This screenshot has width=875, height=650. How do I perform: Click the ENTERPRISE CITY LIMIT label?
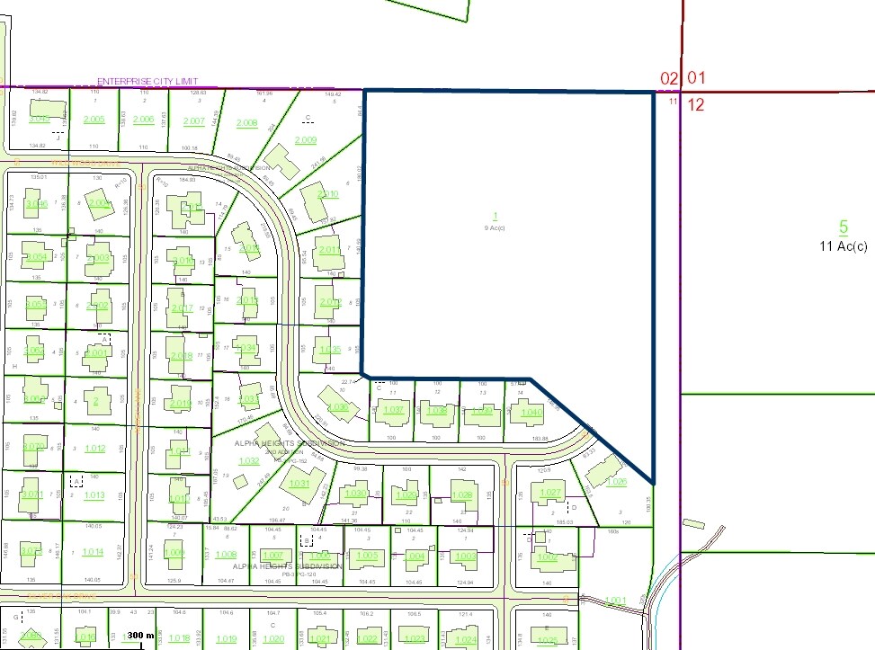pos(147,81)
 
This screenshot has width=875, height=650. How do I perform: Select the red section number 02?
pos(668,78)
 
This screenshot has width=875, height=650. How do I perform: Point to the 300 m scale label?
pos(140,636)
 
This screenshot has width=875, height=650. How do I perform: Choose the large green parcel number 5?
pos(844,227)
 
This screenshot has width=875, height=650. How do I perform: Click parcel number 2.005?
pos(94,120)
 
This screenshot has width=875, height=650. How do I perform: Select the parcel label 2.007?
pos(194,121)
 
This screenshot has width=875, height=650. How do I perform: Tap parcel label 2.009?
pos(306,139)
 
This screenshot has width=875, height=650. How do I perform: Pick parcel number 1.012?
pos(94,448)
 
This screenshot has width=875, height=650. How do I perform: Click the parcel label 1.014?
pos(93,552)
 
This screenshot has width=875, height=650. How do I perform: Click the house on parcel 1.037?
pos(393,411)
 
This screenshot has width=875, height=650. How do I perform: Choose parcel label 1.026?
pos(616,482)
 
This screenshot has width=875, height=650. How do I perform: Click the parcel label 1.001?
pos(615,601)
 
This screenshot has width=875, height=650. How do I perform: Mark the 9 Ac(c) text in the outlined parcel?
pos(495,227)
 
